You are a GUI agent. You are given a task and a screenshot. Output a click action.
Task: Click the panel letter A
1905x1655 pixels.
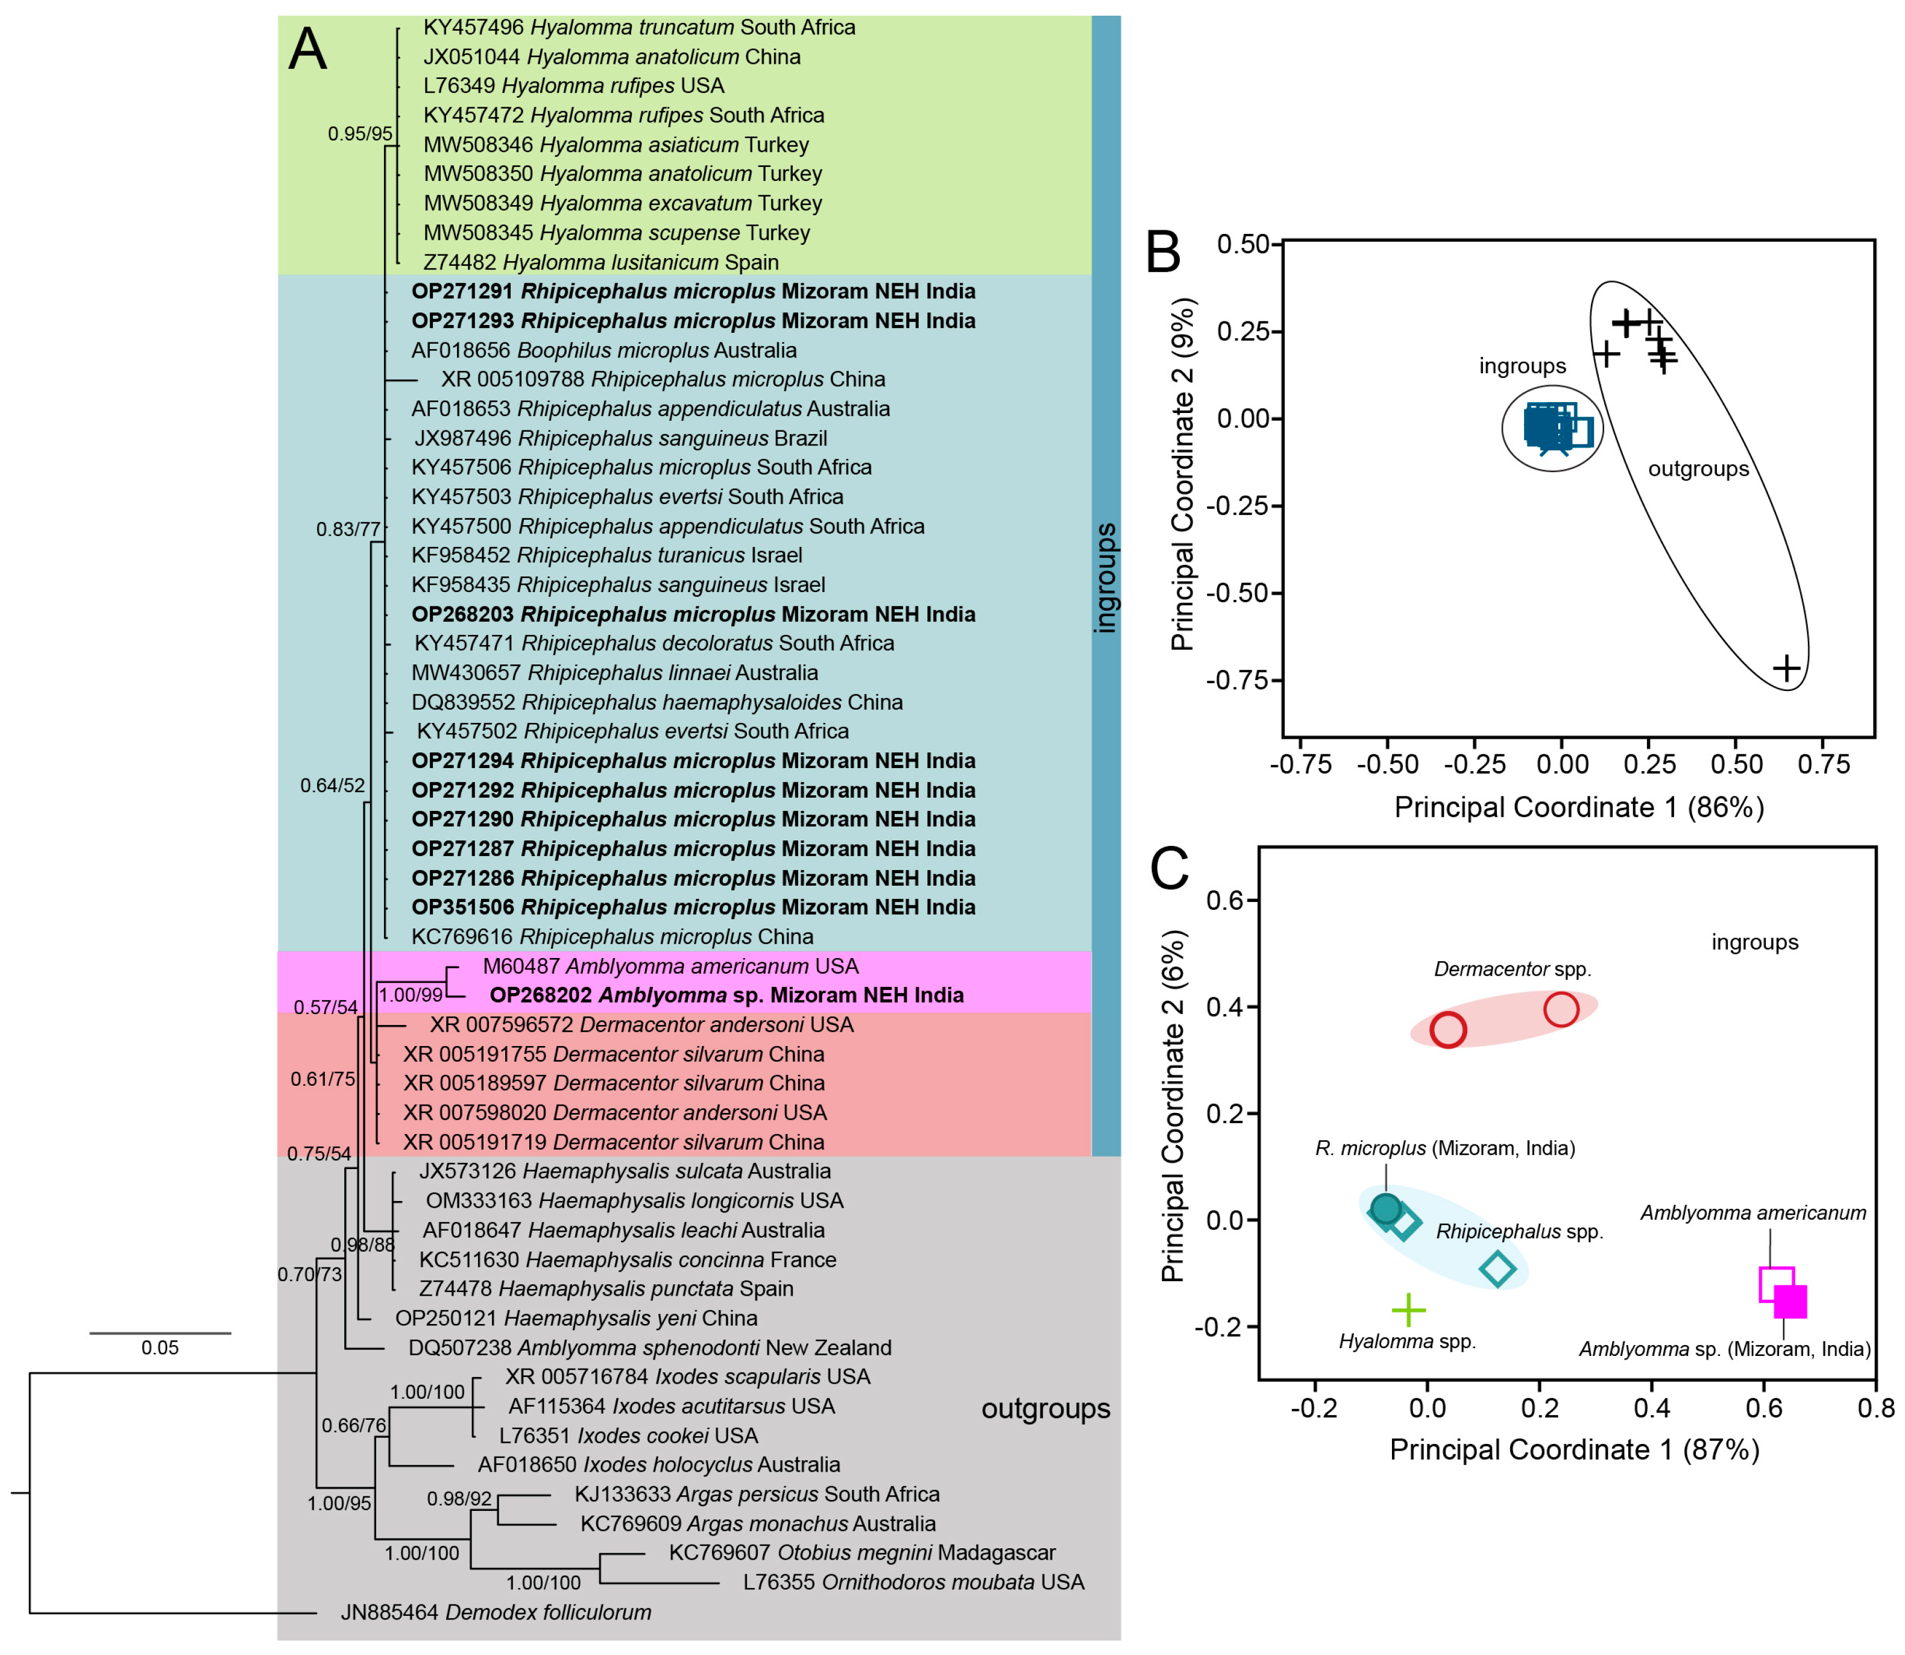tap(307, 50)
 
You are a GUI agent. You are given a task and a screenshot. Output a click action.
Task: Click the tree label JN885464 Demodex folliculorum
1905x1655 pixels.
tap(496, 1612)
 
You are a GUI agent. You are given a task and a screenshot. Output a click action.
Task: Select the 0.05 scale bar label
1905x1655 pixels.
tap(160, 1348)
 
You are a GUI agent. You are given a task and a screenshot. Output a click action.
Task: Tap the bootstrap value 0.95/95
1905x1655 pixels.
tap(360, 134)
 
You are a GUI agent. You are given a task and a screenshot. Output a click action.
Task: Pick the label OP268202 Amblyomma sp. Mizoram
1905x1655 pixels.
tap(726, 995)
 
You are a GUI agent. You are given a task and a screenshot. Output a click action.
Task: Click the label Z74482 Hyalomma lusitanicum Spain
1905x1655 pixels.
tap(601, 262)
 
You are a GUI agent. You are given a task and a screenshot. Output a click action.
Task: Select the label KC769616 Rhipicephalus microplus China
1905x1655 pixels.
tap(612, 936)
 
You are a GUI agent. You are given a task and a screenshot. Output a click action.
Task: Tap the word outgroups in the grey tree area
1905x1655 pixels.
tap(1045, 1408)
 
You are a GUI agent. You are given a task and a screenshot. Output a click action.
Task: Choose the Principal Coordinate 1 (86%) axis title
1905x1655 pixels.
tap(1578, 807)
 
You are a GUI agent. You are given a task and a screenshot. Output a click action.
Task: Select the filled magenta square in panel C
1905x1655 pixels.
tap(1790, 1301)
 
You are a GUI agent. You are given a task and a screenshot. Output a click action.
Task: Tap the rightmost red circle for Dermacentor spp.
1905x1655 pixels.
tap(1561, 1009)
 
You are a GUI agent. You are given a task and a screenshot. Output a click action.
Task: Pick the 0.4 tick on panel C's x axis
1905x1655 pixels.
tap(1651, 1408)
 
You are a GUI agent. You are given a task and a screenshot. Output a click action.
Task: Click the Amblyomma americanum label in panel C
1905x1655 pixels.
tap(1752, 1212)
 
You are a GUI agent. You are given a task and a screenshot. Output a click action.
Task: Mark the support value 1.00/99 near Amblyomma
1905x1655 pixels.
tap(411, 995)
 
